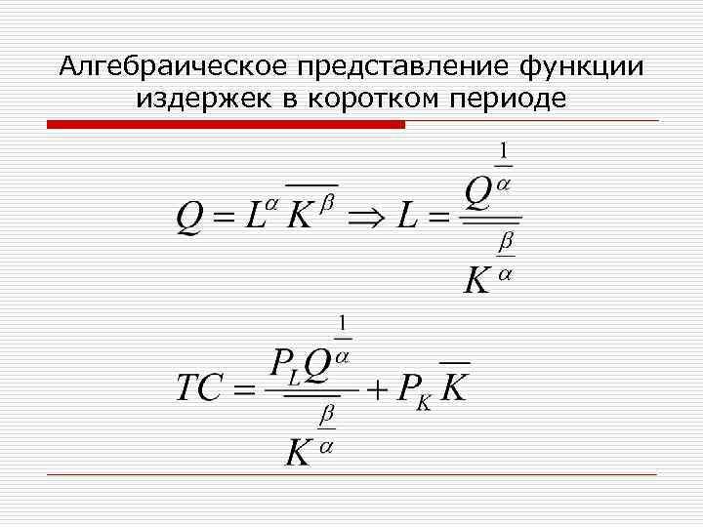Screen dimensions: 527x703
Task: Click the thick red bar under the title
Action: [226, 124]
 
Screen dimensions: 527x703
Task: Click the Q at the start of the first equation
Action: [189, 217]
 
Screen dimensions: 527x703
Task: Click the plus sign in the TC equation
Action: [378, 388]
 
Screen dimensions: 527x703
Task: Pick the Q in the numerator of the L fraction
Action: [478, 192]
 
